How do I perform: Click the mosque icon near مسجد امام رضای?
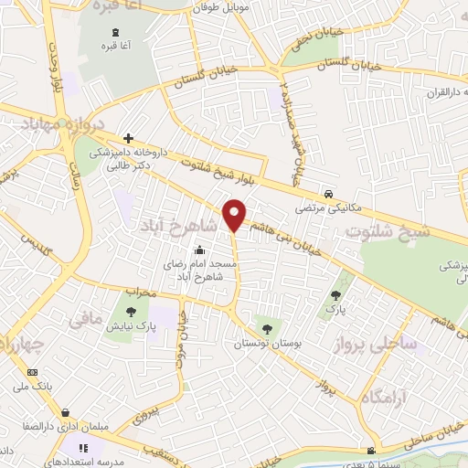tap(200, 251)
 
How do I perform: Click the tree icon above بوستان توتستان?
tap(266, 328)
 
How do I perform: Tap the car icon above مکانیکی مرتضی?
tap(327, 194)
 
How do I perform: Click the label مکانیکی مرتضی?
tap(325, 208)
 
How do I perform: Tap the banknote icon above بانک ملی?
tap(34, 373)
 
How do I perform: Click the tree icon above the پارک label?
tap(336, 295)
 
